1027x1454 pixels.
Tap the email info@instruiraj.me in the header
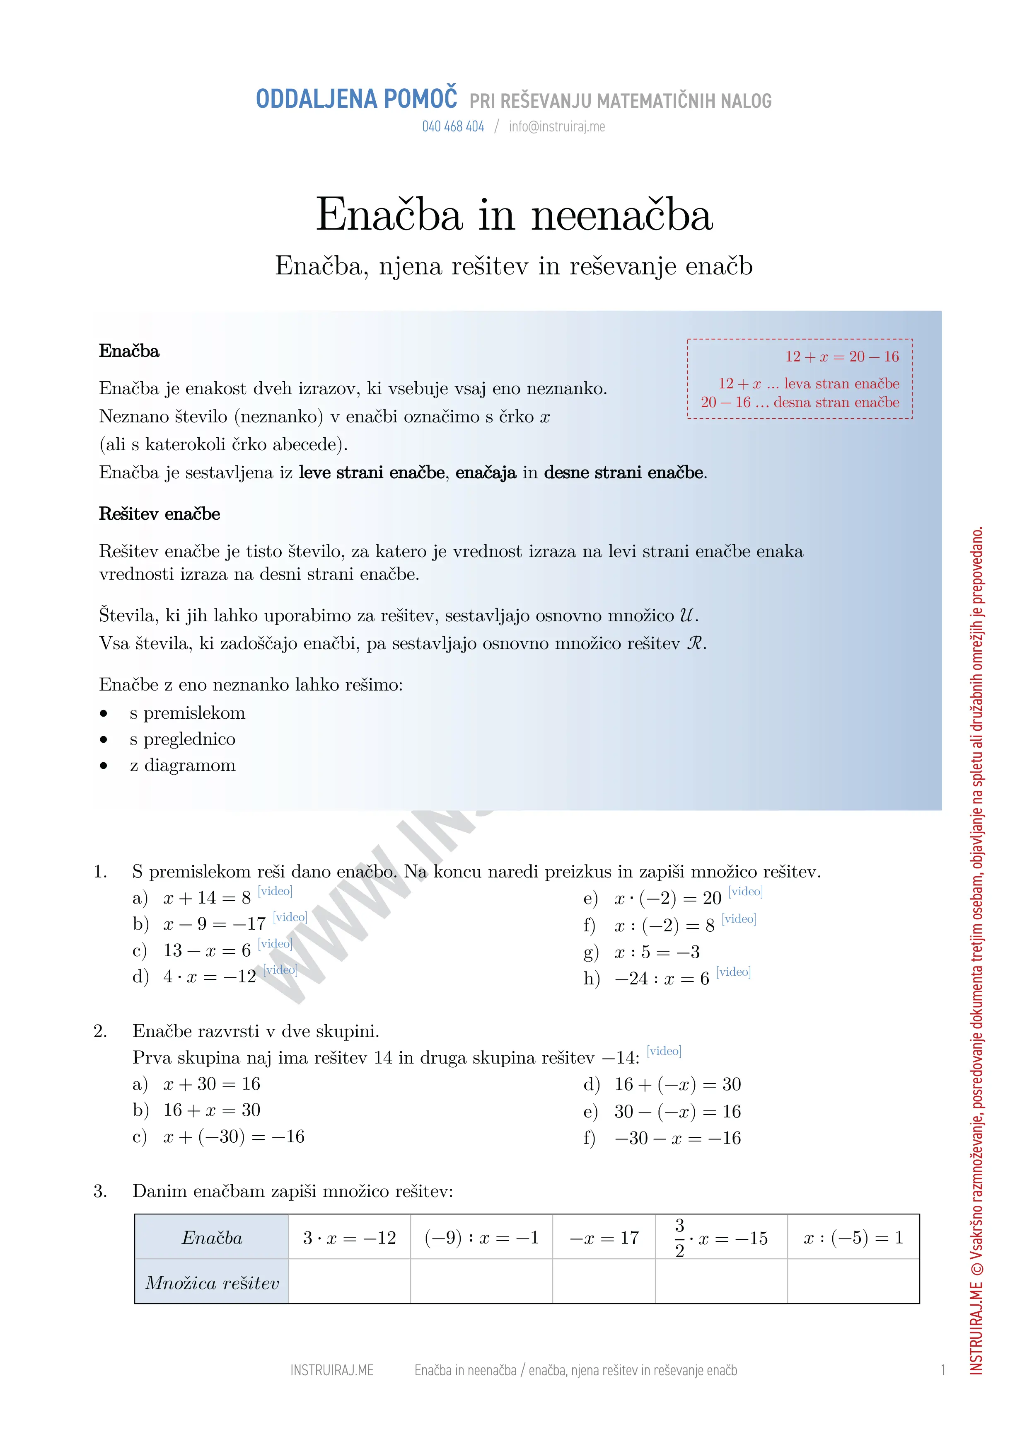point(557,127)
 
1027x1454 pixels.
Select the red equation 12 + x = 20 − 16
point(841,356)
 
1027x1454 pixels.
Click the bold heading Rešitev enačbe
point(159,514)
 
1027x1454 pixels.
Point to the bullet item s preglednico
point(182,739)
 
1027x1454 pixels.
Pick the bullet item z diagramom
point(182,765)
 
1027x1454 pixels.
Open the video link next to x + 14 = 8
point(275,891)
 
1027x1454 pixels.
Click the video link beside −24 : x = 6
point(733,972)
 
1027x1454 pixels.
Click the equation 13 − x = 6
point(207,950)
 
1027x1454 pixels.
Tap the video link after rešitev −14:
point(664,1051)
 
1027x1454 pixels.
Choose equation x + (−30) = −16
point(234,1137)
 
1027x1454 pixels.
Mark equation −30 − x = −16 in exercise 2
point(677,1138)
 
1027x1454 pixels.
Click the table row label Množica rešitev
point(212,1283)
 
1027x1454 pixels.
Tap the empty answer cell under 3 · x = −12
point(349,1282)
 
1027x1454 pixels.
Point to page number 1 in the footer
point(943,1370)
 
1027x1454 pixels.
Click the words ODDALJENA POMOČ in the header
point(356,99)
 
